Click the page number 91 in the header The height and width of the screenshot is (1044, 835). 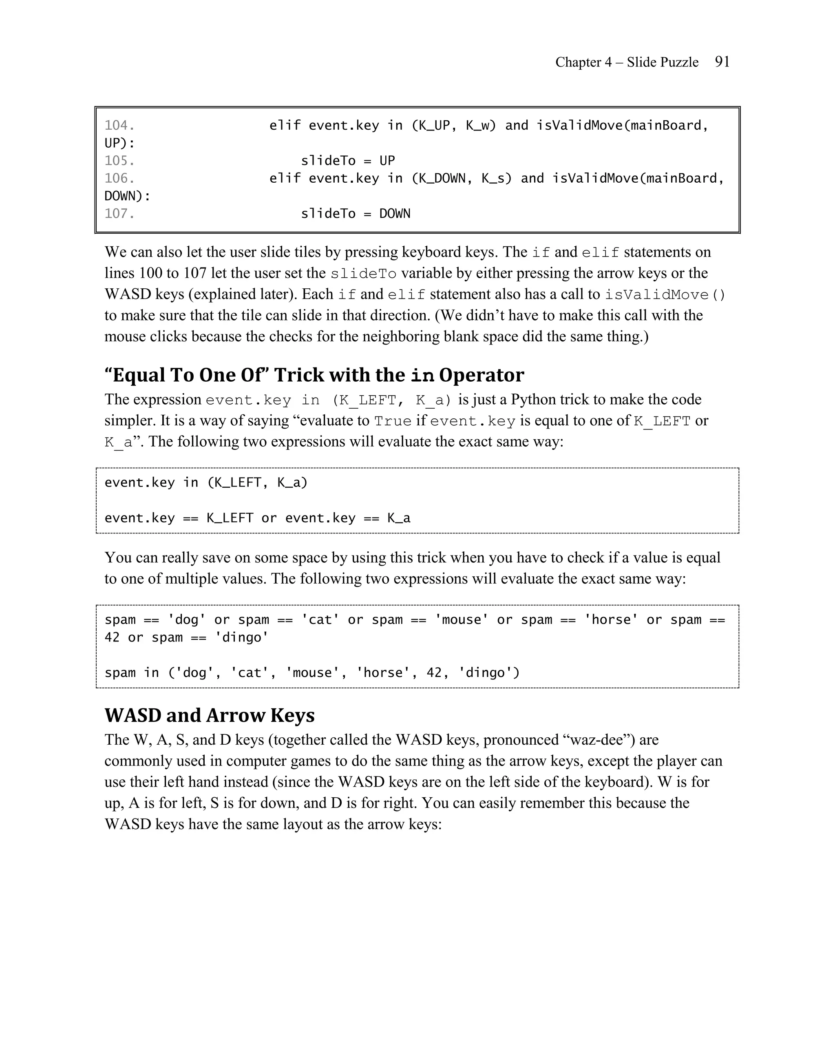point(722,62)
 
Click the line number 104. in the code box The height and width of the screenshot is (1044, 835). point(119,126)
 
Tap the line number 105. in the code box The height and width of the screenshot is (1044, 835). point(119,161)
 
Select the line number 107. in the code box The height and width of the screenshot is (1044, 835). point(119,214)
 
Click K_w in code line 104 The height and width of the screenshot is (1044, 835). point(481,126)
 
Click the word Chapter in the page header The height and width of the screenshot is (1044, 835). point(577,62)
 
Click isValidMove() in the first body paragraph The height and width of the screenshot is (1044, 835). point(665,294)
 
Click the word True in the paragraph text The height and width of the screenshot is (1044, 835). point(393,421)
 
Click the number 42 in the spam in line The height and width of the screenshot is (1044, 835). point(434,672)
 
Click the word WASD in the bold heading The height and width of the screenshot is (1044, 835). point(132,716)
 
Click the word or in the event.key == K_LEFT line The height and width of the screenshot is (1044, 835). point(269,518)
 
